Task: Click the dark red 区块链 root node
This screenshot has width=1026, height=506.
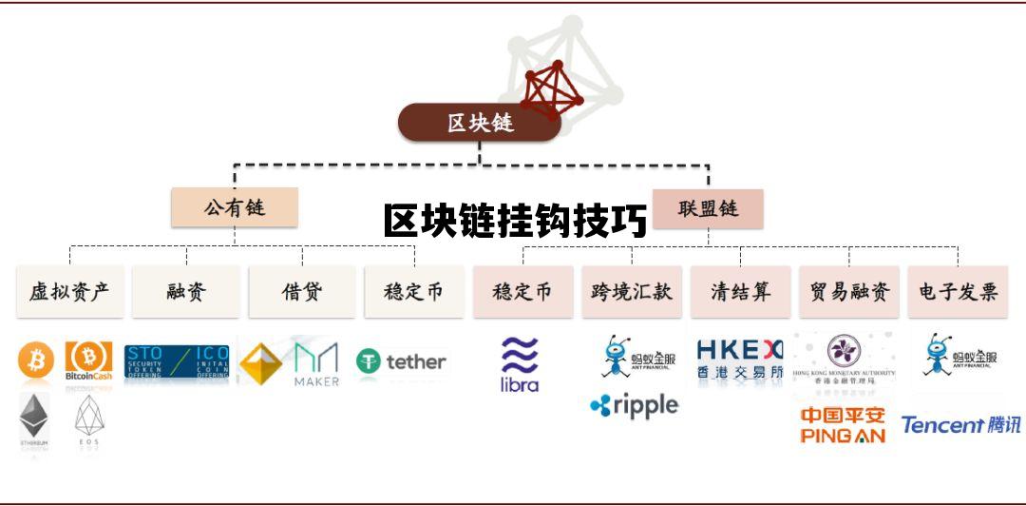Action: (x=480, y=123)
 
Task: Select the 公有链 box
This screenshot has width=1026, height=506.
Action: (x=235, y=206)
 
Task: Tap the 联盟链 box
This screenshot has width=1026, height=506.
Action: (x=708, y=208)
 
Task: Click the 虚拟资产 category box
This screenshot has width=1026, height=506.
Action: (x=69, y=291)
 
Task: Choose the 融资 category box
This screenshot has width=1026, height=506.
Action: (x=185, y=291)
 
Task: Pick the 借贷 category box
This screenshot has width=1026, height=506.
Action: (x=302, y=291)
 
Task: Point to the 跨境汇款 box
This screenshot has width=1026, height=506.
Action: (x=632, y=291)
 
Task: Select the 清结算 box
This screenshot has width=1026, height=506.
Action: (x=740, y=291)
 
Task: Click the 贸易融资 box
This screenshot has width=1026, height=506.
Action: (x=849, y=291)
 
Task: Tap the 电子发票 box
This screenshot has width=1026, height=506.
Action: (x=958, y=291)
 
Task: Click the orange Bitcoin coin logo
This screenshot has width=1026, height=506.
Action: (x=36, y=360)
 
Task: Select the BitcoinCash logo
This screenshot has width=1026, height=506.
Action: (x=88, y=361)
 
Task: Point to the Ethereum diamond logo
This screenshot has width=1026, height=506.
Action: (x=35, y=419)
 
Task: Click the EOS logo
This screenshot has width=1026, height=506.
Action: (x=88, y=419)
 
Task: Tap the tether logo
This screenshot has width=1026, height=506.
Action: (x=401, y=361)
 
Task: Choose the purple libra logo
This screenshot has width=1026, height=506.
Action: (x=520, y=364)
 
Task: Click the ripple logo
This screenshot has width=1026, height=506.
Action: (x=635, y=406)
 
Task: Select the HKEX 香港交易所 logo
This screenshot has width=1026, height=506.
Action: (x=740, y=359)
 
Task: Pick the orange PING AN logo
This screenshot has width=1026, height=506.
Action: (x=843, y=425)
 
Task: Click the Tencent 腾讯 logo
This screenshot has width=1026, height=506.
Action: (x=960, y=425)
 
